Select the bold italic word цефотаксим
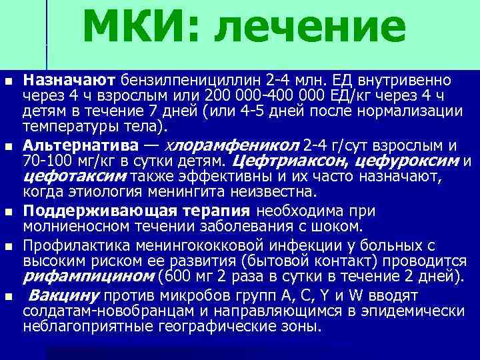point(75,177)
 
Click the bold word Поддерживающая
point(91,211)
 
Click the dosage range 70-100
point(46,161)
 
